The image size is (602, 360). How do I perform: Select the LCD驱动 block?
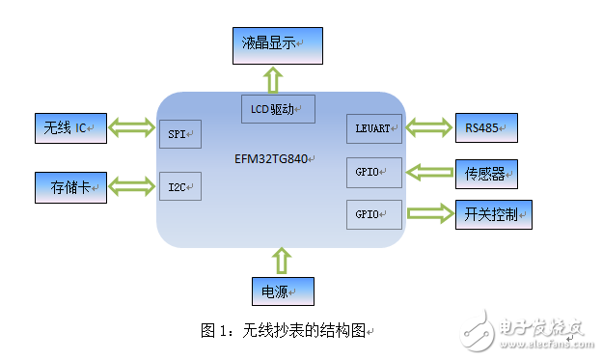(278, 109)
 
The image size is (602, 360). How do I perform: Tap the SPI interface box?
(179, 134)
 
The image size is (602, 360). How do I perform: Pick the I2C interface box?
(179, 186)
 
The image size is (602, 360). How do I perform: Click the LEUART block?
(372, 128)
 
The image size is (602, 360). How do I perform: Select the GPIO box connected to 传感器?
(372, 173)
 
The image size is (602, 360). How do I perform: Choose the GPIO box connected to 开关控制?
(372, 214)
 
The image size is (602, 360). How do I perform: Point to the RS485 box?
(485, 127)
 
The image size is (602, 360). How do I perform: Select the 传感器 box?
(485, 174)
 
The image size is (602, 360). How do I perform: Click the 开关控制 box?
(492, 214)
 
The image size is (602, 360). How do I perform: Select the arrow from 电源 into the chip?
(281, 260)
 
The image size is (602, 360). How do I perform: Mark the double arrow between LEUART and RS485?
(427, 125)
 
